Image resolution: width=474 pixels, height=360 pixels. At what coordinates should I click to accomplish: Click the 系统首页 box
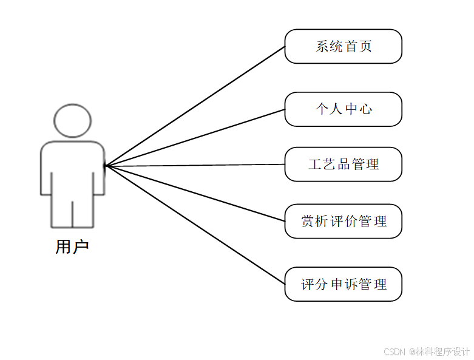(344, 46)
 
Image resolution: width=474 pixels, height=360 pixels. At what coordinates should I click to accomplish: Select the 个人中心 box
(344, 109)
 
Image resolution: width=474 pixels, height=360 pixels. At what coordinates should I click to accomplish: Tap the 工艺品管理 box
(344, 164)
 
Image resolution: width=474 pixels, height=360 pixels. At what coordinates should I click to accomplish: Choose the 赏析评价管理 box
(344, 221)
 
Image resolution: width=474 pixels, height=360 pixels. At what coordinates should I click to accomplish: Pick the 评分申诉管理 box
(344, 284)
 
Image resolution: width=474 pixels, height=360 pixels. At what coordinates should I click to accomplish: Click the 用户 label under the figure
(72, 246)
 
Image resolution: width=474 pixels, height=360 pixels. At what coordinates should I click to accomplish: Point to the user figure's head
(72, 120)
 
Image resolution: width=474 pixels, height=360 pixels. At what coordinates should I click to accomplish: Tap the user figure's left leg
(62, 209)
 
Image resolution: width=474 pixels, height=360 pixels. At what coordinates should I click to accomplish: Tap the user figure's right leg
(84, 209)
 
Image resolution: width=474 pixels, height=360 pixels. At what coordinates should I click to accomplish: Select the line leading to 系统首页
(194, 106)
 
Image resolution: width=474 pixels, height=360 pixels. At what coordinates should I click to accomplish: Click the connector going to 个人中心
(194, 137)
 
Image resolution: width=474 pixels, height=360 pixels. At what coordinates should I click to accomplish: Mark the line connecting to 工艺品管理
(194, 165)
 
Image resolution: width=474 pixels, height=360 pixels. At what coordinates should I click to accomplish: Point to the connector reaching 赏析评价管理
(194, 193)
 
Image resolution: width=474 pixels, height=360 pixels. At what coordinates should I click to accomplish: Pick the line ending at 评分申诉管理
(194, 225)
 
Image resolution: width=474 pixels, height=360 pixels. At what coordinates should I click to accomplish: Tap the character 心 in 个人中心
(365, 109)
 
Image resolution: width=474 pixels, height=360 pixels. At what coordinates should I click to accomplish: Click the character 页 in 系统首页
(365, 46)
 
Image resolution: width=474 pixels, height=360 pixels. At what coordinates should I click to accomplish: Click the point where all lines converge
(106, 165)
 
